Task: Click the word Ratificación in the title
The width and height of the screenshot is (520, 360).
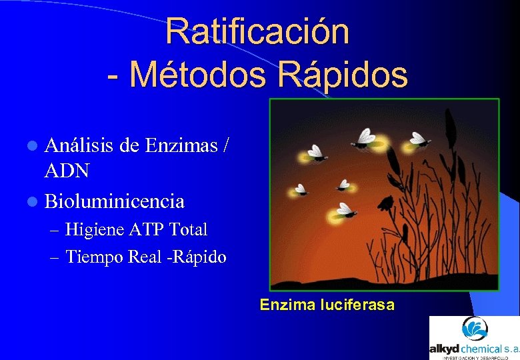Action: [257, 31]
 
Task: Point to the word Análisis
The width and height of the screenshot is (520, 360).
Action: [79, 144]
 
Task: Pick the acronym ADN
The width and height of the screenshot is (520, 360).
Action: [67, 171]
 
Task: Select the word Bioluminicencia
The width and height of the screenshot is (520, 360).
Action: [114, 200]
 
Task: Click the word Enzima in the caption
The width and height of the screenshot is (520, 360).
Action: [287, 305]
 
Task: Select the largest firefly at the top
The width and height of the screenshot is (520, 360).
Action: [365, 139]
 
